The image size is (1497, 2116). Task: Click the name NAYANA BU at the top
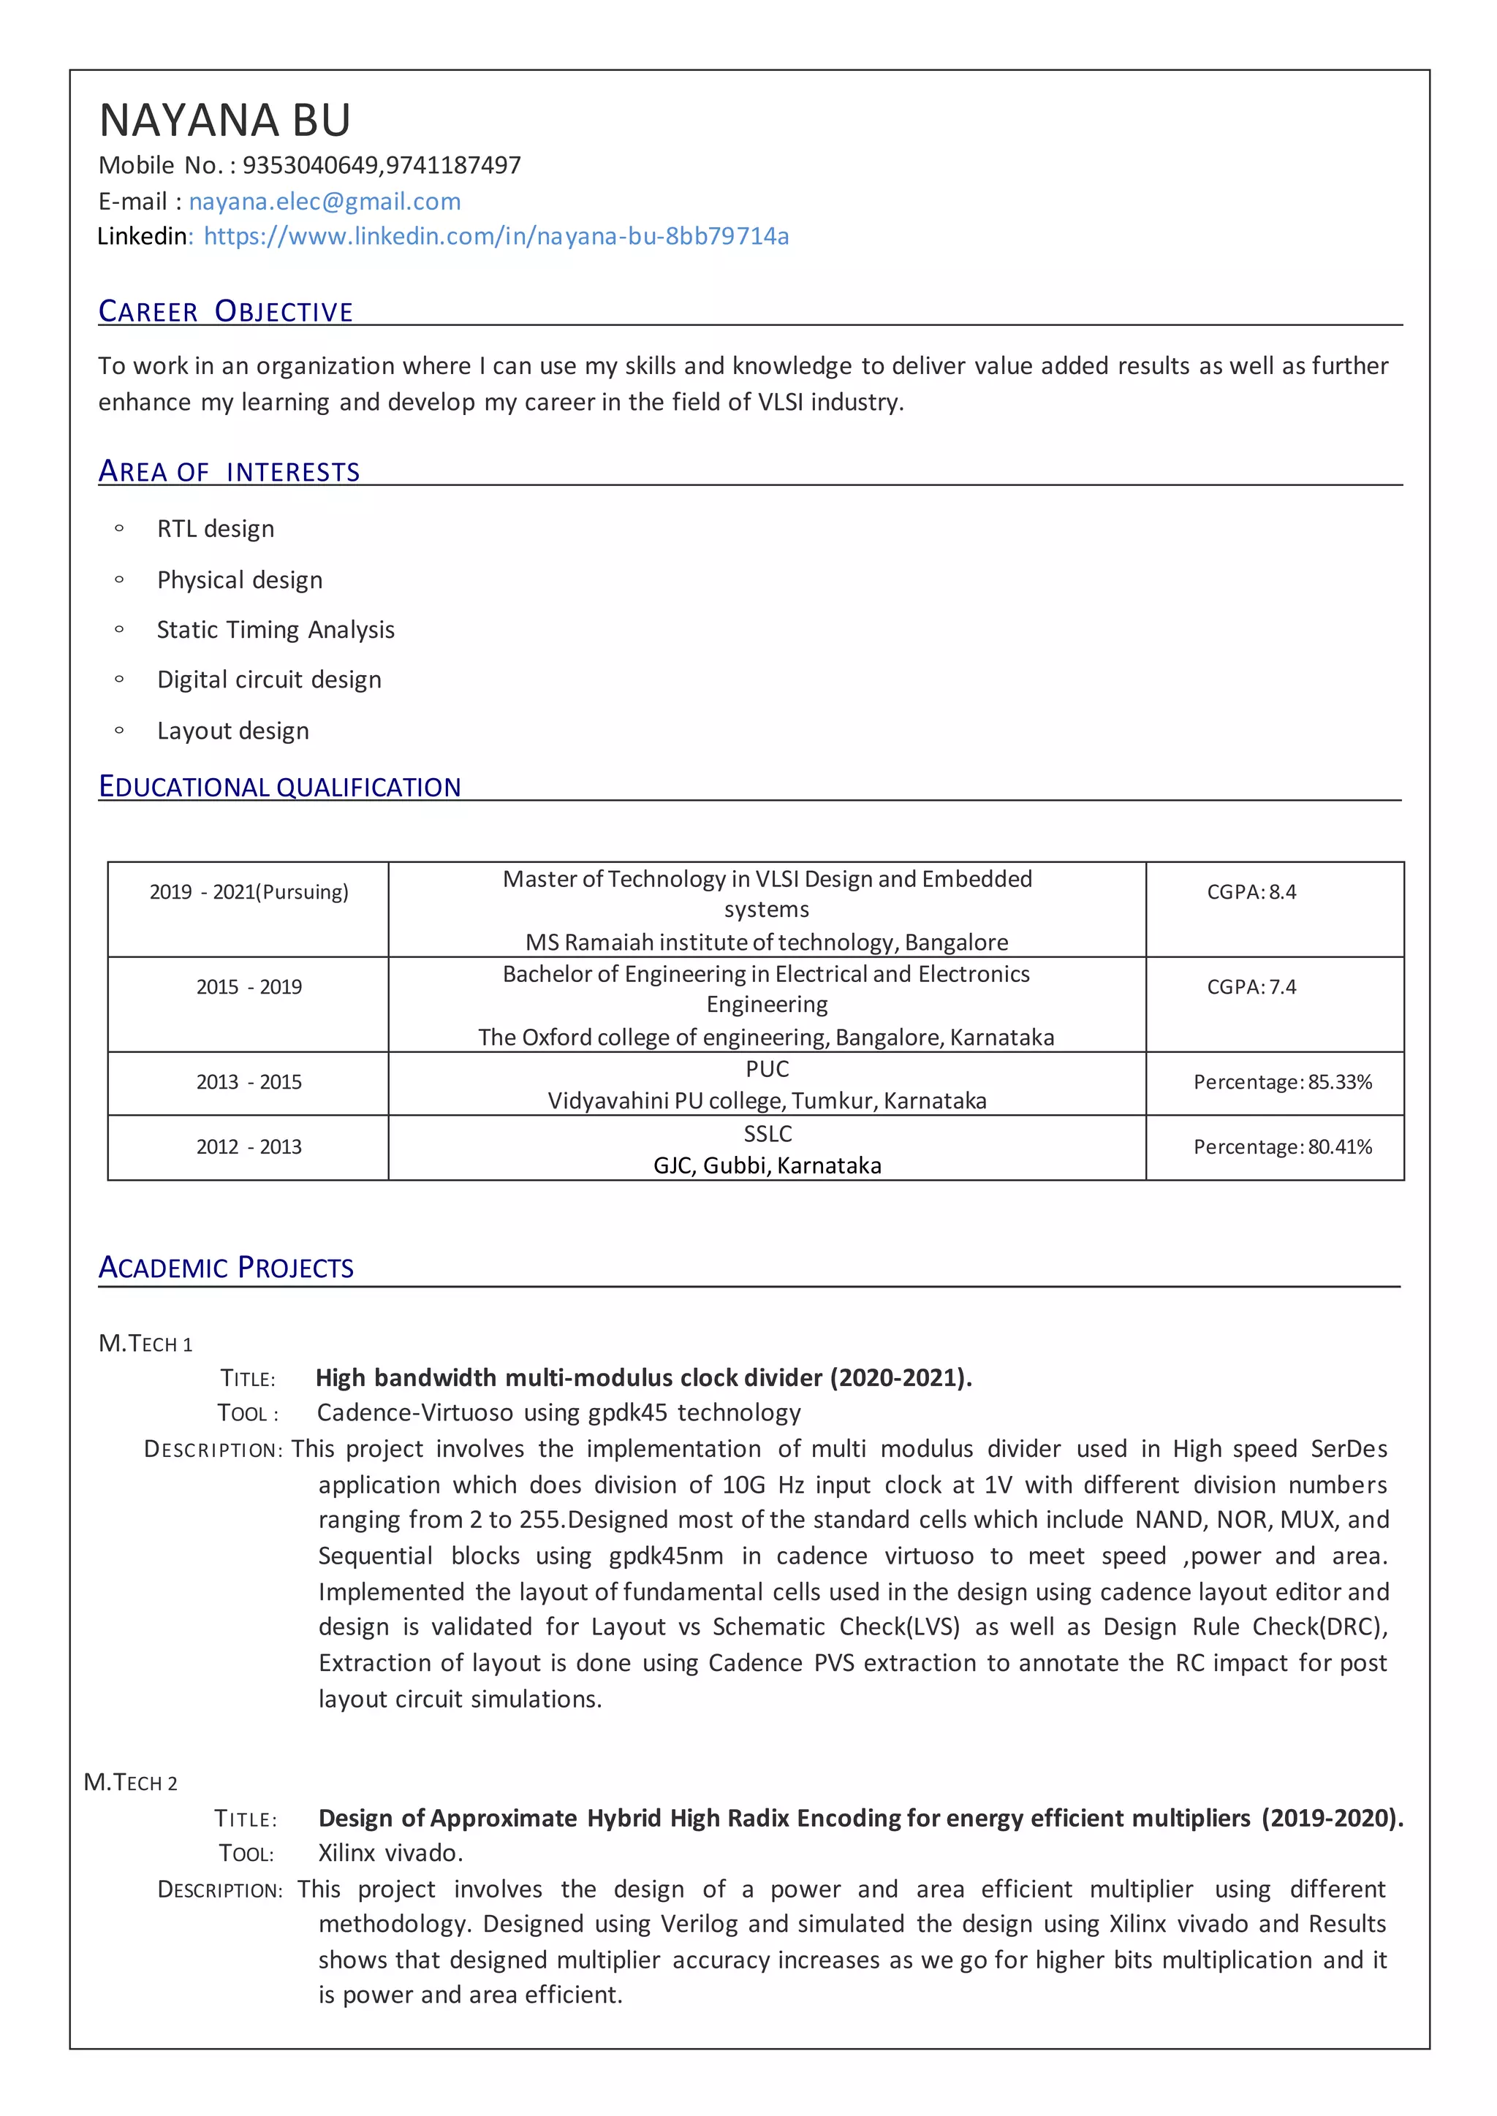(x=225, y=121)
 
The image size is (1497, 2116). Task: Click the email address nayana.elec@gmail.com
(x=325, y=201)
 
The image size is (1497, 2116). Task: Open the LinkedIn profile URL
(x=496, y=237)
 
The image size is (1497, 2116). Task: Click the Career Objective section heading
(x=226, y=311)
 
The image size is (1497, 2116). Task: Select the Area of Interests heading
(x=229, y=472)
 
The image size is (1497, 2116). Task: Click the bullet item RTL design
(x=216, y=529)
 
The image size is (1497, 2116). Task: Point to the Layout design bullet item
(x=233, y=731)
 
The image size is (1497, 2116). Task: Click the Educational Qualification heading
(x=279, y=787)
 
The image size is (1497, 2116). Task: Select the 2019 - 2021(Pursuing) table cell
(x=249, y=892)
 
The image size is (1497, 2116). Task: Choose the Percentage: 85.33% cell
(x=1282, y=1082)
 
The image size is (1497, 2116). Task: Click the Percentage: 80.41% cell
(x=1282, y=1146)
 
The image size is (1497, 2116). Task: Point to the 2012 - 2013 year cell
(x=249, y=1146)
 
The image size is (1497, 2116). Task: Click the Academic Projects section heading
(x=226, y=1268)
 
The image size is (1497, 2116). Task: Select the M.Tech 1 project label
(x=145, y=1344)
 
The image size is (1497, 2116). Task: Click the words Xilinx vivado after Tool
(x=390, y=1852)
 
